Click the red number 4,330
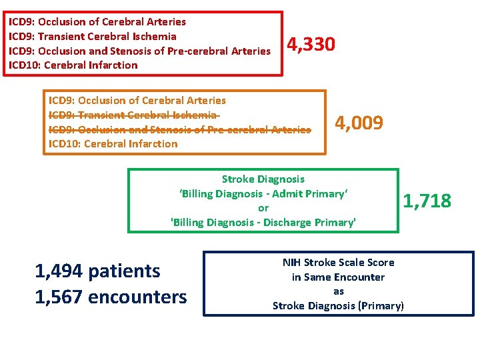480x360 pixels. tap(311, 45)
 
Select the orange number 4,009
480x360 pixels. tap(359, 123)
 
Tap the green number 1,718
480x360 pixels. tap(427, 200)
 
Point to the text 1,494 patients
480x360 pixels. tap(97, 271)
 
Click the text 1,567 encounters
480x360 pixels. tap(111, 297)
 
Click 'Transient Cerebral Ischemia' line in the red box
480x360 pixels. tap(93, 36)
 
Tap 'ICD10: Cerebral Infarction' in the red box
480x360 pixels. tap(73, 65)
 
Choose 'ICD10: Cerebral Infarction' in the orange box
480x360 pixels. tap(113, 143)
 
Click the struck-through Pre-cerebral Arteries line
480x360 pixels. tap(179, 129)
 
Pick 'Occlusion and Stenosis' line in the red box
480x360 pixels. tap(139, 51)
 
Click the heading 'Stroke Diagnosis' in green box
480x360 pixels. tap(263, 179)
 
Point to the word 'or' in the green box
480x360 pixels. tap(263, 208)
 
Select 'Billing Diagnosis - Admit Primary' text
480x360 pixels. tap(263, 193)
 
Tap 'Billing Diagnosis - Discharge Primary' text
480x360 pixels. tap(263, 223)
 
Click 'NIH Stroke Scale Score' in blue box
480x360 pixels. tap(339, 263)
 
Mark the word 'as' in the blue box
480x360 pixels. tap(339, 291)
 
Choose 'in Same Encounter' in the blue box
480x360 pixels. tap(339, 277)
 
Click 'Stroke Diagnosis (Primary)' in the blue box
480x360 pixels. tap(339, 306)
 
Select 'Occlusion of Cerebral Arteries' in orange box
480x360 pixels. tap(137, 100)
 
